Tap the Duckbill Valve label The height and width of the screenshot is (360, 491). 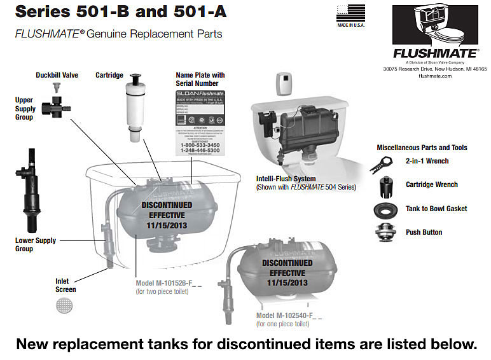pyautogui.click(x=57, y=75)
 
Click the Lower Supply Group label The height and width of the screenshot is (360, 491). pyautogui.click(x=36, y=244)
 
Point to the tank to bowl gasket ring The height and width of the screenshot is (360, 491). pyautogui.click(x=384, y=209)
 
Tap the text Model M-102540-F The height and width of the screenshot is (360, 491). pyautogui.click(x=289, y=315)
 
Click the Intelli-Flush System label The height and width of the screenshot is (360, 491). pyautogui.click(x=286, y=179)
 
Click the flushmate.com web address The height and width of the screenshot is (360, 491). pyautogui.click(x=435, y=76)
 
